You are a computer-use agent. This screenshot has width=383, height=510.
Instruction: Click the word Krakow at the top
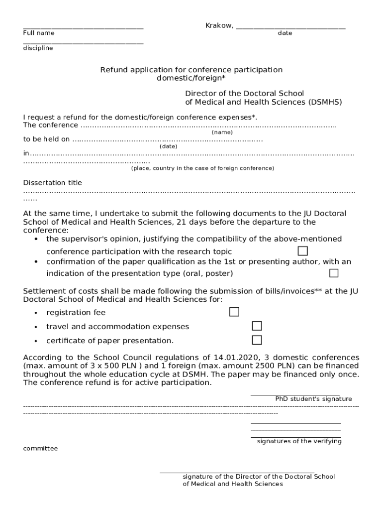[218, 25]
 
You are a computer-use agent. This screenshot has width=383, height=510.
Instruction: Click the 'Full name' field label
[39, 33]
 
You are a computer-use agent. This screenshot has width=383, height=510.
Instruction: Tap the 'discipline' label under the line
[38, 48]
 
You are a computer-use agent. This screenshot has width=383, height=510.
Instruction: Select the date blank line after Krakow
[290, 27]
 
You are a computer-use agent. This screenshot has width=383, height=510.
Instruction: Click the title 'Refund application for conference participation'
[191, 70]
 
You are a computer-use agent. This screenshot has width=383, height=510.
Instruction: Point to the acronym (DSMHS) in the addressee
[325, 102]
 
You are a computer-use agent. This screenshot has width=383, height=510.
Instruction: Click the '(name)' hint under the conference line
[222, 132]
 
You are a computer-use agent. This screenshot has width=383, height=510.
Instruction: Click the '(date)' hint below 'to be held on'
[168, 146]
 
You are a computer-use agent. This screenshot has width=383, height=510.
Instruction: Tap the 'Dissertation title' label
[53, 183]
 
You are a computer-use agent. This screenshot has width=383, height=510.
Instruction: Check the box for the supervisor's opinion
[302, 251]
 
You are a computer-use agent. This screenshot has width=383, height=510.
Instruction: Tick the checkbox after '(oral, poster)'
[334, 273]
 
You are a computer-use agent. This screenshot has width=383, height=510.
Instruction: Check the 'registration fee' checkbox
[234, 312]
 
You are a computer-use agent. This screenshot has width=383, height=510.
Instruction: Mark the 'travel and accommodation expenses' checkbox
[257, 326]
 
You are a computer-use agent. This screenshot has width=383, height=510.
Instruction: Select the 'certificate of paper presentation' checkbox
[257, 340]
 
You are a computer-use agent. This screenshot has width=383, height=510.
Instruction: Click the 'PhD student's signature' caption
[313, 399]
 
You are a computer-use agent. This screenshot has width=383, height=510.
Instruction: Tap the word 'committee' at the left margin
[40, 448]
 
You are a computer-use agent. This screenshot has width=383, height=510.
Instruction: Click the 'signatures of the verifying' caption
[299, 441]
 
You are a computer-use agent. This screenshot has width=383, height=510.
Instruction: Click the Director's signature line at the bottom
[237, 471]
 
